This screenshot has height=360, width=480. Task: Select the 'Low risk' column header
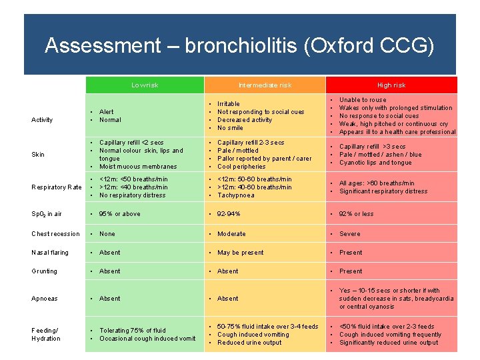[144, 85]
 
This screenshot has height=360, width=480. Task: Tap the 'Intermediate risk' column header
[265, 85]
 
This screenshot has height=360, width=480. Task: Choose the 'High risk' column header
[391, 85]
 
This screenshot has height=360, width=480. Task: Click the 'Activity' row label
[42, 120]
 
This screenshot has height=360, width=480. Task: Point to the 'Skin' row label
[38, 155]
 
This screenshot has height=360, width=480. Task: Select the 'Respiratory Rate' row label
[57, 187]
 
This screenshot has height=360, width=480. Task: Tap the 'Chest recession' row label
[55, 234]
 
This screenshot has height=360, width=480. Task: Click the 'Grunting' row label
[44, 271]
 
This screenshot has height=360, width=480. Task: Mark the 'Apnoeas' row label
[44, 299]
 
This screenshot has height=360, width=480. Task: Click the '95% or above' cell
[119, 214]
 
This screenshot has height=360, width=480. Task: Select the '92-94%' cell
[229, 214]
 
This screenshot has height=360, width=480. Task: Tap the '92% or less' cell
[356, 214]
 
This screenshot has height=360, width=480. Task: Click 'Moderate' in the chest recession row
[231, 234]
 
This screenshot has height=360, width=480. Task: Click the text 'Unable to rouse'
[363, 100]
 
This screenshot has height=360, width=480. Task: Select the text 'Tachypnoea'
[235, 195]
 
